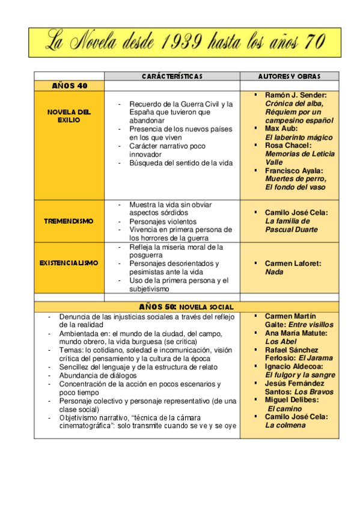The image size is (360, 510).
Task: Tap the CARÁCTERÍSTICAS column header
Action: [172, 76]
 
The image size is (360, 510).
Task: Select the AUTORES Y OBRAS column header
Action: [289, 76]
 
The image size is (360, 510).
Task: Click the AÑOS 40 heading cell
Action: [69, 86]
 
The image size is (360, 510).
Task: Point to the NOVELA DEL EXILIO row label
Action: [69, 116]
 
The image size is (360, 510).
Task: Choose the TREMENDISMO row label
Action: [69, 221]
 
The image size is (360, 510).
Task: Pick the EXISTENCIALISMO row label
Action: [69, 263]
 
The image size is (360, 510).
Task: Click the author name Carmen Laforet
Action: [293, 263]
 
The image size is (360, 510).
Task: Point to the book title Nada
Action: [273, 272]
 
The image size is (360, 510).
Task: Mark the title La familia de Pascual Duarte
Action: [291, 225]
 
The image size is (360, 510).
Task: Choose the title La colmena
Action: [285, 425]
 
